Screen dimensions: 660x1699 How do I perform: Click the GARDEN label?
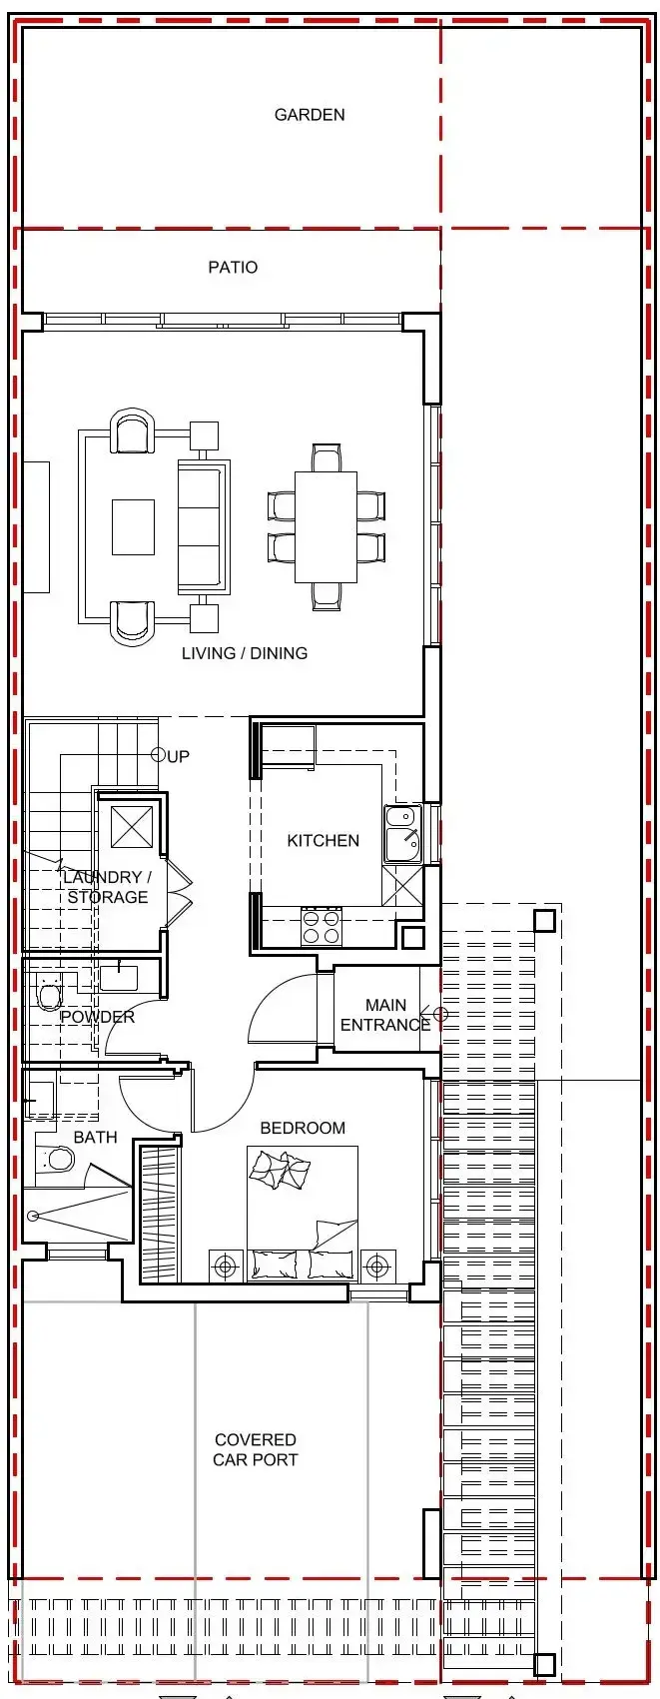click(x=310, y=115)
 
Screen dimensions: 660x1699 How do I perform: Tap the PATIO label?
click(x=233, y=267)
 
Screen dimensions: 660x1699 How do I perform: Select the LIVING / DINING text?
click(x=245, y=653)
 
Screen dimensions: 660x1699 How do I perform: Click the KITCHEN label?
click(x=324, y=840)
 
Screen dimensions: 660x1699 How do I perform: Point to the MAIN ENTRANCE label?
click(x=385, y=1015)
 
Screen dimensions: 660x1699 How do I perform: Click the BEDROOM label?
click(x=303, y=1128)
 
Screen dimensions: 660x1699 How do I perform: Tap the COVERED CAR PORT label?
click(x=256, y=1449)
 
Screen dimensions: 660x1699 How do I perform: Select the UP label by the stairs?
click(x=178, y=756)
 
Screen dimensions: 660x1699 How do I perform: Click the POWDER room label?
click(x=97, y=1017)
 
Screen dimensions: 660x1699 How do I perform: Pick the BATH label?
click(x=96, y=1137)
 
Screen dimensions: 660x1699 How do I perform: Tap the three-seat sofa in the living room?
click(x=204, y=526)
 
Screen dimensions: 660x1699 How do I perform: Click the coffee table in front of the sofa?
click(x=134, y=527)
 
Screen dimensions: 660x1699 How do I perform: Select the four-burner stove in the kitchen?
click(x=321, y=926)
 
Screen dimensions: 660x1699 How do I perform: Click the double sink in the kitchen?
click(x=402, y=834)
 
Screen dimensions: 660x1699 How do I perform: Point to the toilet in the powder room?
click(x=49, y=995)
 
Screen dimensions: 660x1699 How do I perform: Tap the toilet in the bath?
click(x=56, y=1159)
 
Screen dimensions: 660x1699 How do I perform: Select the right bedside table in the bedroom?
click(x=377, y=1266)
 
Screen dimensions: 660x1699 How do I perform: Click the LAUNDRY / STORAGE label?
click(x=108, y=887)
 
